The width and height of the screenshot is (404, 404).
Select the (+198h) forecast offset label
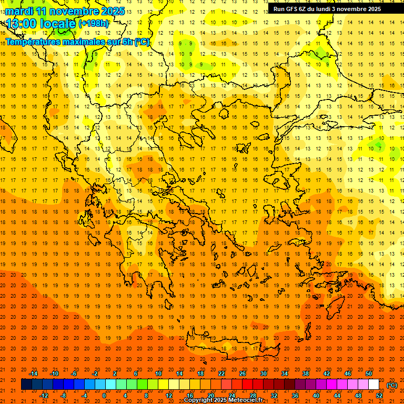click(x=94, y=23)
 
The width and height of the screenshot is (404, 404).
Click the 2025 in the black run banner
click(x=371, y=9)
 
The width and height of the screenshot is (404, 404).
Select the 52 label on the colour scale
click(x=379, y=396)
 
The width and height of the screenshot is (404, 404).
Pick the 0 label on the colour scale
click(x=104, y=396)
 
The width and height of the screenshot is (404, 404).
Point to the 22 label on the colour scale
click(x=221, y=373)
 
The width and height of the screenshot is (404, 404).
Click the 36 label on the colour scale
click(x=295, y=396)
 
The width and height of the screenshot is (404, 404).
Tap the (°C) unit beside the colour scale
click(x=391, y=385)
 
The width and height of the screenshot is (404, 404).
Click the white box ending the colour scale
click(x=374, y=385)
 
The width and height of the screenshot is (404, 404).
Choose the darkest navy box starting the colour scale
click(x=26, y=385)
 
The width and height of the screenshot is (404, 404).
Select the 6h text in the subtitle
click(x=127, y=42)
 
